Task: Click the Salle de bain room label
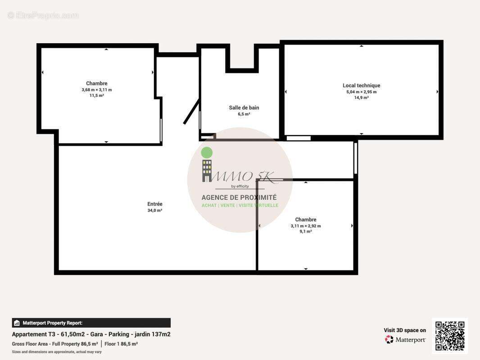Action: click(244, 108)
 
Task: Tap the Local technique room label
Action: click(361, 85)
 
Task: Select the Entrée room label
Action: click(154, 204)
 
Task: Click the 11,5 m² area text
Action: click(96, 95)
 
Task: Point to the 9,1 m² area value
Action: click(305, 231)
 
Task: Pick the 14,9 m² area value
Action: click(361, 97)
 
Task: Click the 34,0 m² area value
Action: click(154, 210)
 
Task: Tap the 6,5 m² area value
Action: click(244, 114)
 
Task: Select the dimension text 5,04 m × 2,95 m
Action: click(361, 92)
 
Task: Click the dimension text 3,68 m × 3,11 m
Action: click(96, 90)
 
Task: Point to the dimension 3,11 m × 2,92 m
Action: click(305, 226)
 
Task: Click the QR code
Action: click(450, 336)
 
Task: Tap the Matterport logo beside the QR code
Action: click(405, 340)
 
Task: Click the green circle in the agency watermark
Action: click(207, 153)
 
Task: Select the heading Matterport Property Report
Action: click(52, 323)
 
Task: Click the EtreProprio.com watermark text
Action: click(43, 15)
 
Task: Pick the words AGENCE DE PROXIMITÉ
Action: click(239, 198)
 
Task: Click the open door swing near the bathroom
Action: click(191, 112)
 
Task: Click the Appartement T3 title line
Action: click(91, 334)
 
